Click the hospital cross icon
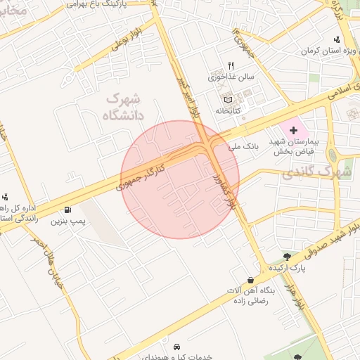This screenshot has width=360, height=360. [293, 131]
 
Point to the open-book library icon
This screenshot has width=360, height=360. [227, 101]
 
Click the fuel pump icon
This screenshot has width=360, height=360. [67, 209]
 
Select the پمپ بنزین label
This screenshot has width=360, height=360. [67, 221]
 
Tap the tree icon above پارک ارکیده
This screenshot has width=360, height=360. [286, 256]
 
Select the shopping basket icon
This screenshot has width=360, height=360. [251, 280]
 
